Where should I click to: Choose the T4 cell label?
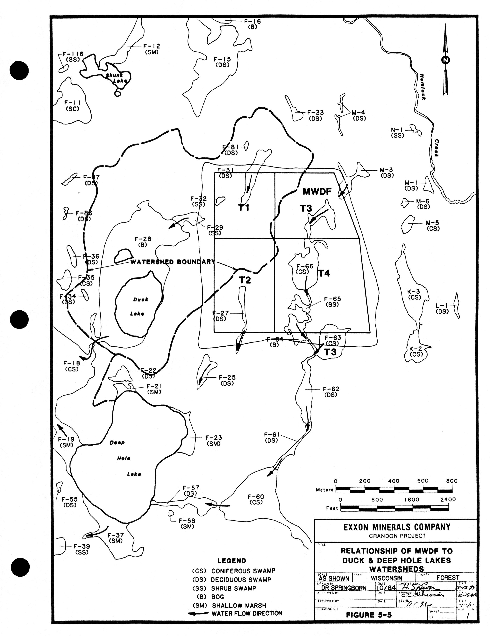[324, 273]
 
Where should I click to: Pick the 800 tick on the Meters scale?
[452, 481]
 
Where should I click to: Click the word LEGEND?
[232, 561]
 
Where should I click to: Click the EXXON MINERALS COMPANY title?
[397, 527]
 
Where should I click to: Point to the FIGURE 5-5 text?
[369, 615]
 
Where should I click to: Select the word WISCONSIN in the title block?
[386, 578]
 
